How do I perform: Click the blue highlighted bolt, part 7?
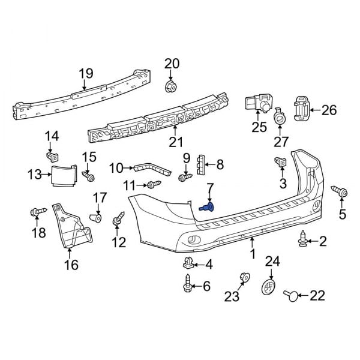208,208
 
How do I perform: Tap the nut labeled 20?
170,86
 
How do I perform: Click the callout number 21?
175,142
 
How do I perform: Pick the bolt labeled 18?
37,211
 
